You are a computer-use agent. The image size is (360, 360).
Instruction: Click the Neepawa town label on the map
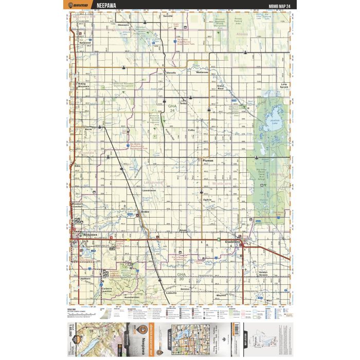[x=90, y=234]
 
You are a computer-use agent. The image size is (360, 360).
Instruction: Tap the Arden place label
[x=145, y=211]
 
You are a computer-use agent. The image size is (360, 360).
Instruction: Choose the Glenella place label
[x=171, y=73]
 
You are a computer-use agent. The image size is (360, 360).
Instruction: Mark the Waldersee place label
[x=202, y=73]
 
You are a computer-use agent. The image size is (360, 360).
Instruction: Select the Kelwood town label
[x=84, y=43]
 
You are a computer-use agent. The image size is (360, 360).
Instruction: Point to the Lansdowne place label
[x=149, y=190]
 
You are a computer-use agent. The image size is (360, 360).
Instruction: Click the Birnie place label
[x=88, y=129]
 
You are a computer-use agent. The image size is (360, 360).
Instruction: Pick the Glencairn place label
[x=123, y=24]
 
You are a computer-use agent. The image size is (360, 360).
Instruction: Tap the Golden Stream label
[x=263, y=274]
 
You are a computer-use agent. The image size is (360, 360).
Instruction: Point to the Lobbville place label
[x=172, y=293]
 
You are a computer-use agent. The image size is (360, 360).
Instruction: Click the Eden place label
[x=78, y=166]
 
